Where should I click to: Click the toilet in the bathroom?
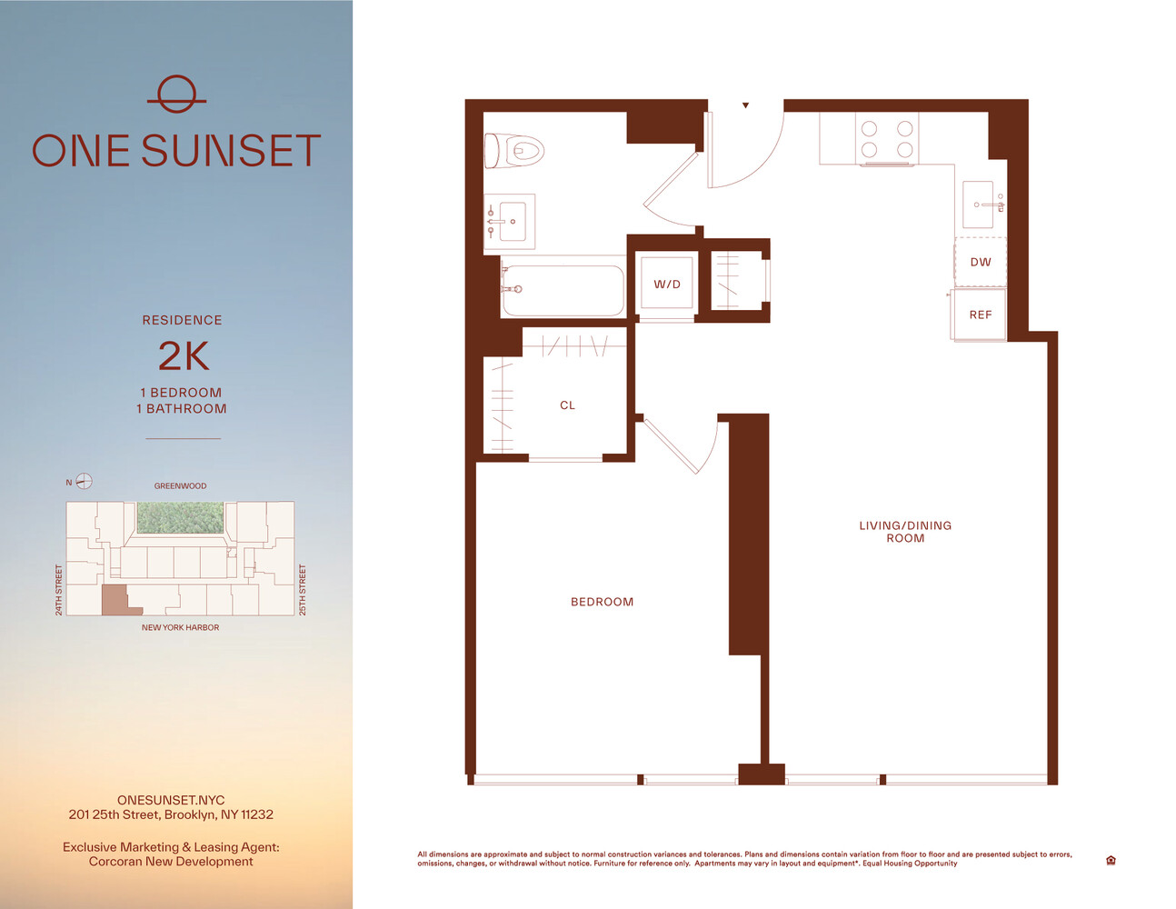click(513, 150)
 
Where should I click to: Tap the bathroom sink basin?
click(513, 221)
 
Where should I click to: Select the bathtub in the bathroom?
click(563, 290)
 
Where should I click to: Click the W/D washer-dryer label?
click(667, 285)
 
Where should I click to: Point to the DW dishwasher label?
click(980, 263)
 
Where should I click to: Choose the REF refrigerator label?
click(980, 315)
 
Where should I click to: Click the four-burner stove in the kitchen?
click(886, 138)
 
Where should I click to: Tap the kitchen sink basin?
click(978, 205)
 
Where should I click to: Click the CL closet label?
click(567, 405)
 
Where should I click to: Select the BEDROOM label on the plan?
click(602, 602)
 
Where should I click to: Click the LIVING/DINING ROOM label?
click(905, 532)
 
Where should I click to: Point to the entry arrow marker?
click(745, 105)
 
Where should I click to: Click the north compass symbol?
click(84, 481)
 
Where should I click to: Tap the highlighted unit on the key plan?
click(118, 602)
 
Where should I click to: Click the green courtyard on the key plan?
click(180, 517)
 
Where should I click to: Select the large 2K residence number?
click(184, 356)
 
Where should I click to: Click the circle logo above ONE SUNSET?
click(176, 95)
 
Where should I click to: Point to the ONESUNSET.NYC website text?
click(171, 800)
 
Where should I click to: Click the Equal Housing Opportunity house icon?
click(1111, 860)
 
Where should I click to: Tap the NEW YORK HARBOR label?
click(180, 627)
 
